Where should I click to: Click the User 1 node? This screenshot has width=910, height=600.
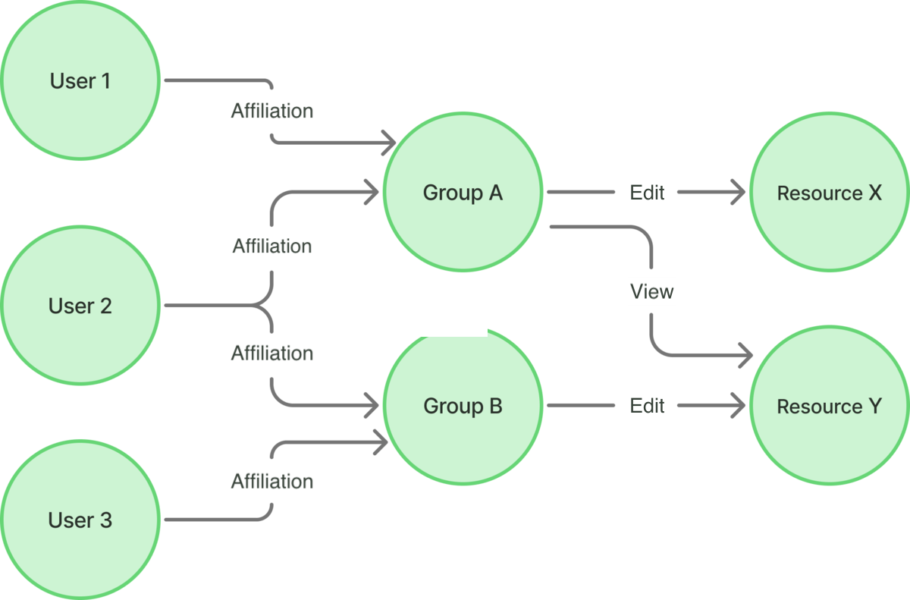pyautogui.click(x=80, y=80)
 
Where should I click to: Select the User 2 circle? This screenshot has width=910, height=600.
pyautogui.click(x=80, y=306)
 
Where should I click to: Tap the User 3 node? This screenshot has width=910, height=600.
pyautogui.click(x=80, y=520)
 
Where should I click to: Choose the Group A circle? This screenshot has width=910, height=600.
pyautogui.click(x=463, y=193)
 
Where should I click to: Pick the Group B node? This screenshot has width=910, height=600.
pyautogui.click(x=463, y=406)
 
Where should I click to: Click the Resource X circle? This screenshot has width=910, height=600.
pyautogui.click(x=829, y=193)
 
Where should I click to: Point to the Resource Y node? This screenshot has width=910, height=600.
pyautogui.click(x=829, y=406)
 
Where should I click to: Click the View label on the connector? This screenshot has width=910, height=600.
pyautogui.click(x=651, y=291)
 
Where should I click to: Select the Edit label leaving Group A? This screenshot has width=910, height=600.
pyautogui.click(x=647, y=193)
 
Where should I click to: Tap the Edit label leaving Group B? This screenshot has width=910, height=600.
pyautogui.click(x=647, y=406)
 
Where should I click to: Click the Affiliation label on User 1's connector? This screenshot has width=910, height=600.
pyautogui.click(x=272, y=112)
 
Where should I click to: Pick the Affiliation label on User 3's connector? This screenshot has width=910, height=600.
pyautogui.click(x=272, y=482)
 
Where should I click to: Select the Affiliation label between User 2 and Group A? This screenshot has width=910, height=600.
pyautogui.click(x=272, y=247)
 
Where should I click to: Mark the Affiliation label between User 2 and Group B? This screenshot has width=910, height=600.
pyautogui.click(x=272, y=353)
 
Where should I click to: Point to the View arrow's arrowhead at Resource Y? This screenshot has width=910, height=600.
pyautogui.click(x=745, y=354)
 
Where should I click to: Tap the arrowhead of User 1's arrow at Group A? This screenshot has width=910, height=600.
pyautogui.click(x=390, y=141)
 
